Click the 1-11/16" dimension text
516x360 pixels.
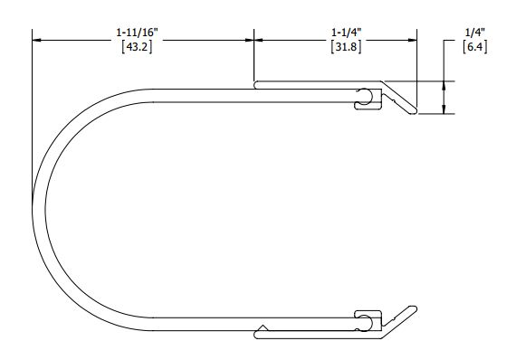pos(138,33)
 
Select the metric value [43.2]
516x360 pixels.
pos(138,47)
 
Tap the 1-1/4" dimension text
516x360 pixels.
pos(347,33)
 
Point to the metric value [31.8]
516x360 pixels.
pos(346,47)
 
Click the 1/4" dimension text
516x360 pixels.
pos(475,33)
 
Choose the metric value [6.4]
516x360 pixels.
pos(475,47)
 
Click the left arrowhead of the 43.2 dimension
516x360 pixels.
pos(37,40)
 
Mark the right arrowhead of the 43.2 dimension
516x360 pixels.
pos(249,40)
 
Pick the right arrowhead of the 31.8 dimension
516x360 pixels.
pos(412,40)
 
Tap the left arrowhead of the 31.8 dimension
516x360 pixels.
pos(259,40)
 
